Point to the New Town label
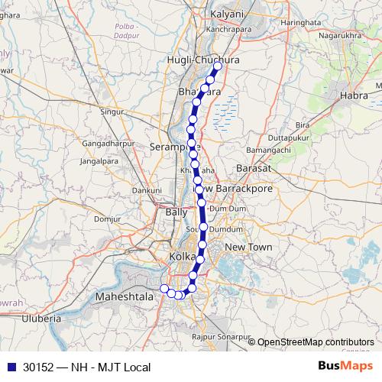point(248,248)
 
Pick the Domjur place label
point(108,219)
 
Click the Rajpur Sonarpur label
point(222,336)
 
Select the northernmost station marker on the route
point(217,66)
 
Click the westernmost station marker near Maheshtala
point(163,288)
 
